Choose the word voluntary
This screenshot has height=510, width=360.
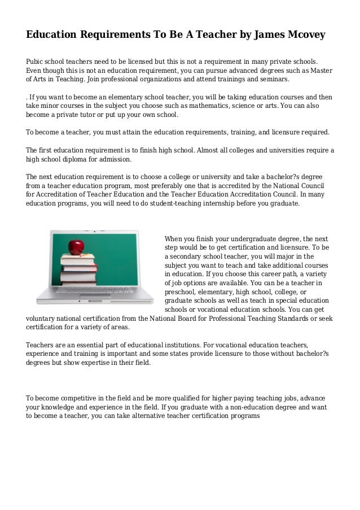click(43, 319)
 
